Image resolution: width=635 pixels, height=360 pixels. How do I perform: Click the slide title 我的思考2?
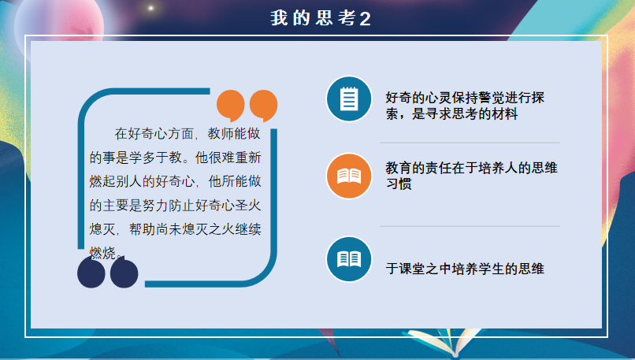click(321, 18)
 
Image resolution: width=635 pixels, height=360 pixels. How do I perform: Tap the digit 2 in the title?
click(365, 19)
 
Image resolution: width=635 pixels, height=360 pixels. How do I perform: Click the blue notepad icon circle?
click(349, 98)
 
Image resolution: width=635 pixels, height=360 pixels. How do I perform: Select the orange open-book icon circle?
click(349, 176)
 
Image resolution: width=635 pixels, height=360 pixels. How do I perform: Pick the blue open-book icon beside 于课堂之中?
click(349, 259)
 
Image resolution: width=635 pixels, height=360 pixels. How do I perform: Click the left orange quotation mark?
click(230, 106)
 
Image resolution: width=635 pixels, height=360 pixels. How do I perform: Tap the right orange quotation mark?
click(264, 106)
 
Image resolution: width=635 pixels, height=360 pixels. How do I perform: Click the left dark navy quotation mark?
click(91, 273)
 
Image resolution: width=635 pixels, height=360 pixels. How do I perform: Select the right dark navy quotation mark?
click(124, 272)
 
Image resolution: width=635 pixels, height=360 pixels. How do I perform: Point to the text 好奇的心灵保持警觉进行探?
click(465, 98)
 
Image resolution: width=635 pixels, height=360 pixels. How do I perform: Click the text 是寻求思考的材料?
click(465, 113)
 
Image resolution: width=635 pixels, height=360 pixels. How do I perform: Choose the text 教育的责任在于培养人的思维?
click(471, 168)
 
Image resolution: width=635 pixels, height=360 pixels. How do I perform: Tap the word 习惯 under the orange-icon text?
click(399, 184)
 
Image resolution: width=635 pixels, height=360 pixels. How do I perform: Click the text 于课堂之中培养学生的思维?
click(465, 269)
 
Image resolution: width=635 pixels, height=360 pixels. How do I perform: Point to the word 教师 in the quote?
click(221, 134)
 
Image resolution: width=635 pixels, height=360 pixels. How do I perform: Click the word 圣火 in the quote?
click(247, 206)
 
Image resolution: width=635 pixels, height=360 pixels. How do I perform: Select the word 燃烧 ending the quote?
click(102, 253)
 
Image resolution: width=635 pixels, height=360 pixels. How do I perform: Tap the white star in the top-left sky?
click(150, 8)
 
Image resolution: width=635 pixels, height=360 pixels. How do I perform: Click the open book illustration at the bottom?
click(444, 343)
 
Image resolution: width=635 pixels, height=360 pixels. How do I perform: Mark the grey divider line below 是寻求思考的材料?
click(470, 143)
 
